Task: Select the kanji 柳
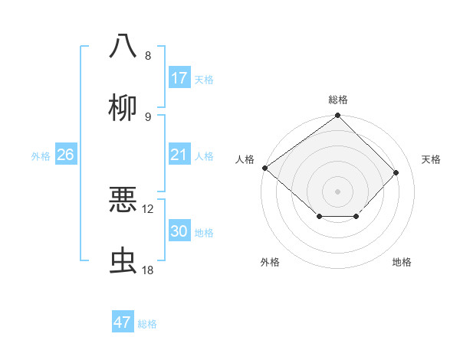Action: point(123,108)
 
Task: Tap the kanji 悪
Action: point(123,200)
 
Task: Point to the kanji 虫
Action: point(123,261)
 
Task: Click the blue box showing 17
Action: point(179,77)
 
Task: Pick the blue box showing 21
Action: point(179,155)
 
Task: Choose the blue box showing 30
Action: point(179,231)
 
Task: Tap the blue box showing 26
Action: point(65,155)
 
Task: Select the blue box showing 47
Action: point(123,322)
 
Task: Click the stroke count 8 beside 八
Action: point(148,55)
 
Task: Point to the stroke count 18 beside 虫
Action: point(148,270)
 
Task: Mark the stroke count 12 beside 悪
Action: point(148,208)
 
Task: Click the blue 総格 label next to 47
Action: point(148,324)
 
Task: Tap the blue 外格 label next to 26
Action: point(41,156)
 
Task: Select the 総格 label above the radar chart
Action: point(338,100)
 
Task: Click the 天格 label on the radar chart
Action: point(432,159)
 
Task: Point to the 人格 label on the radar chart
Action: point(245,159)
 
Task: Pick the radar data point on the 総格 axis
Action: point(338,116)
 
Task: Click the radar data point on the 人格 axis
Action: point(264,168)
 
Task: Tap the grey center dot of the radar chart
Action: point(338,191)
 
